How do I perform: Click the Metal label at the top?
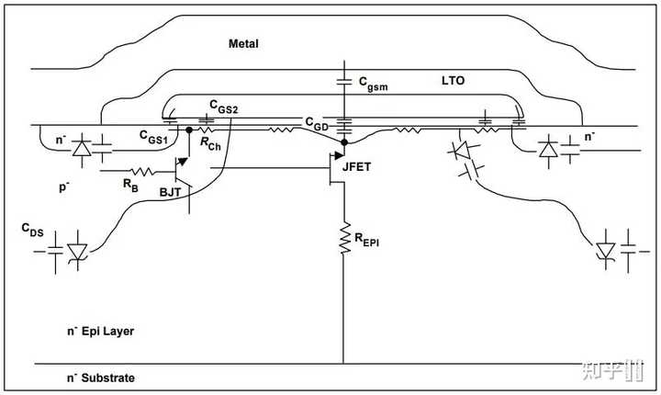click(245, 43)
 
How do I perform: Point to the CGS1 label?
click(153, 138)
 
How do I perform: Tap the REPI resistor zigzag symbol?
click(345, 237)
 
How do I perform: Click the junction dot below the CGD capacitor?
click(345, 142)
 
